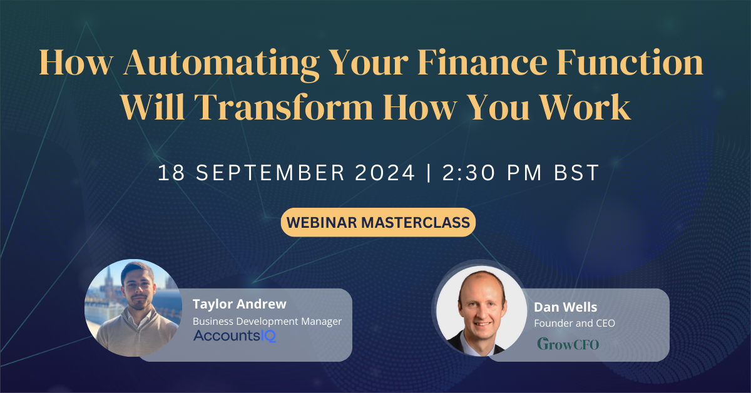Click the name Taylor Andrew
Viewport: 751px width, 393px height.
point(240,305)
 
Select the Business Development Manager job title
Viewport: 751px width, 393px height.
point(267,321)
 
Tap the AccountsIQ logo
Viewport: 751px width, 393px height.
point(235,336)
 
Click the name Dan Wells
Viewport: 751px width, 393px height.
point(565,307)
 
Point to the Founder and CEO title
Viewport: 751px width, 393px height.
point(573,323)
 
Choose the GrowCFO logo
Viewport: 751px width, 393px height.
point(568,344)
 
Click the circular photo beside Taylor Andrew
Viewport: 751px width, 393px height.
point(133,308)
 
